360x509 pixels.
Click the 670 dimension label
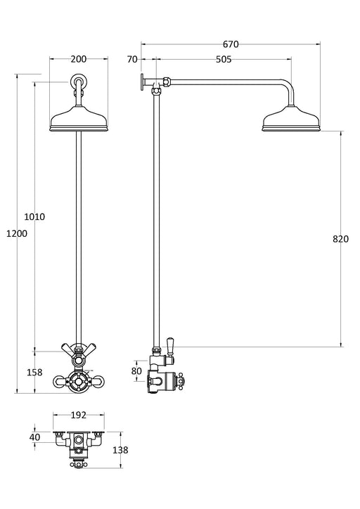(x=231, y=44)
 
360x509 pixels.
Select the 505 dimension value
(x=223, y=60)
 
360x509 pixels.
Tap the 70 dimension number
(x=132, y=60)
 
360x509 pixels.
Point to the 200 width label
(x=78, y=60)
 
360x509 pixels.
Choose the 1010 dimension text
(x=34, y=217)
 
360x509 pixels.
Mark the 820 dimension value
(x=340, y=239)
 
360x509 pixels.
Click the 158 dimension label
(x=34, y=372)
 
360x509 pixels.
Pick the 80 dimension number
(x=136, y=371)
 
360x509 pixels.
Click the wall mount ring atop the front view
(x=78, y=83)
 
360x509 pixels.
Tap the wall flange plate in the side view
(x=142, y=83)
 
